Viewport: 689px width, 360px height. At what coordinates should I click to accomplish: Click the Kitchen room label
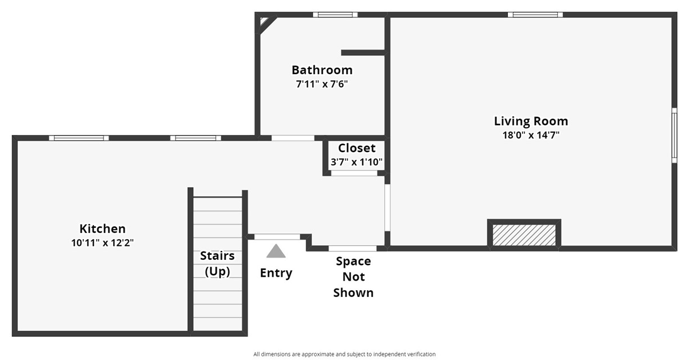pyautogui.click(x=102, y=228)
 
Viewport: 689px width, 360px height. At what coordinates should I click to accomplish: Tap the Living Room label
pyautogui.click(x=531, y=121)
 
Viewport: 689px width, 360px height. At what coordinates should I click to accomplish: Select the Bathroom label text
pyautogui.click(x=322, y=70)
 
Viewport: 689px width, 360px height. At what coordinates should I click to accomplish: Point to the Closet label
pyautogui.click(x=357, y=148)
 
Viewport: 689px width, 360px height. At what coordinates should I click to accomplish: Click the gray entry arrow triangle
pyautogui.click(x=276, y=251)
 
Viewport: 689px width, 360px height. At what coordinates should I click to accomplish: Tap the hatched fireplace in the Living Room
pyautogui.click(x=524, y=235)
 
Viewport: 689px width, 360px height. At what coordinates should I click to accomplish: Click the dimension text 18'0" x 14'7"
pyautogui.click(x=531, y=135)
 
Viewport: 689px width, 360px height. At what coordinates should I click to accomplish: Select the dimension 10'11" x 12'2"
pyautogui.click(x=102, y=243)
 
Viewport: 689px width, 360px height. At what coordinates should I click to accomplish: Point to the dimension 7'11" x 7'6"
pyautogui.click(x=322, y=84)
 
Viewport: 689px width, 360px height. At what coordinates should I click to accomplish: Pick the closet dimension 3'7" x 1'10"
pyautogui.click(x=357, y=162)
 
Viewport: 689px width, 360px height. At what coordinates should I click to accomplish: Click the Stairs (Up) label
pyautogui.click(x=218, y=264)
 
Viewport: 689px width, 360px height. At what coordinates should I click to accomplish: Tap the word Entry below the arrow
pyautogui.click(x=276, y=273)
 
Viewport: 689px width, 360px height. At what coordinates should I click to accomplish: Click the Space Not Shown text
pyautogui.click(x=353, y=277)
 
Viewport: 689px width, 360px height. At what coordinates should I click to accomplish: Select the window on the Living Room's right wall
pyautogui.click(x=674, y=136)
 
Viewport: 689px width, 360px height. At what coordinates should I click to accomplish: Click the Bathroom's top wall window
pyautogui.click(x=335, y=15)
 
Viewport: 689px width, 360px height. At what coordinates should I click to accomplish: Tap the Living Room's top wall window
pyautogui.click(x=535, y=15)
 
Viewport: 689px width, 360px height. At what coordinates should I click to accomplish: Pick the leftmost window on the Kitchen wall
pyautogui.click(x=79, y=138)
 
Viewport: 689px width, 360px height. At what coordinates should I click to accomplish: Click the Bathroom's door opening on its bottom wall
pyautogui.click(x=293, y=138)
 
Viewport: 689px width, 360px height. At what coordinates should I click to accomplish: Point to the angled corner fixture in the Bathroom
pyautogui.click(x=267, y=24)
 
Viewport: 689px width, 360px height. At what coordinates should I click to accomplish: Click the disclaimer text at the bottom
pyautogui.click(x=344, y=354)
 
